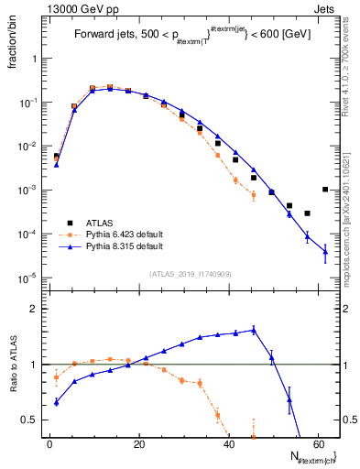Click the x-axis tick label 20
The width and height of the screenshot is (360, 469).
pos(139,445)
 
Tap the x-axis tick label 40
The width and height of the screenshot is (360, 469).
pos(228,445)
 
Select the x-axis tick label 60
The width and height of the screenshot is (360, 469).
pos(317,445)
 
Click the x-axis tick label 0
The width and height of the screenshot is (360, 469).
pos(50,445)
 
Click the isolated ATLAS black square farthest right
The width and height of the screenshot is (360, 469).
pos(325,190)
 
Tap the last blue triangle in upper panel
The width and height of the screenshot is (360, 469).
pos(325,253)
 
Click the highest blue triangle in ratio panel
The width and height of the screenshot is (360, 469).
pos(254,329)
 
